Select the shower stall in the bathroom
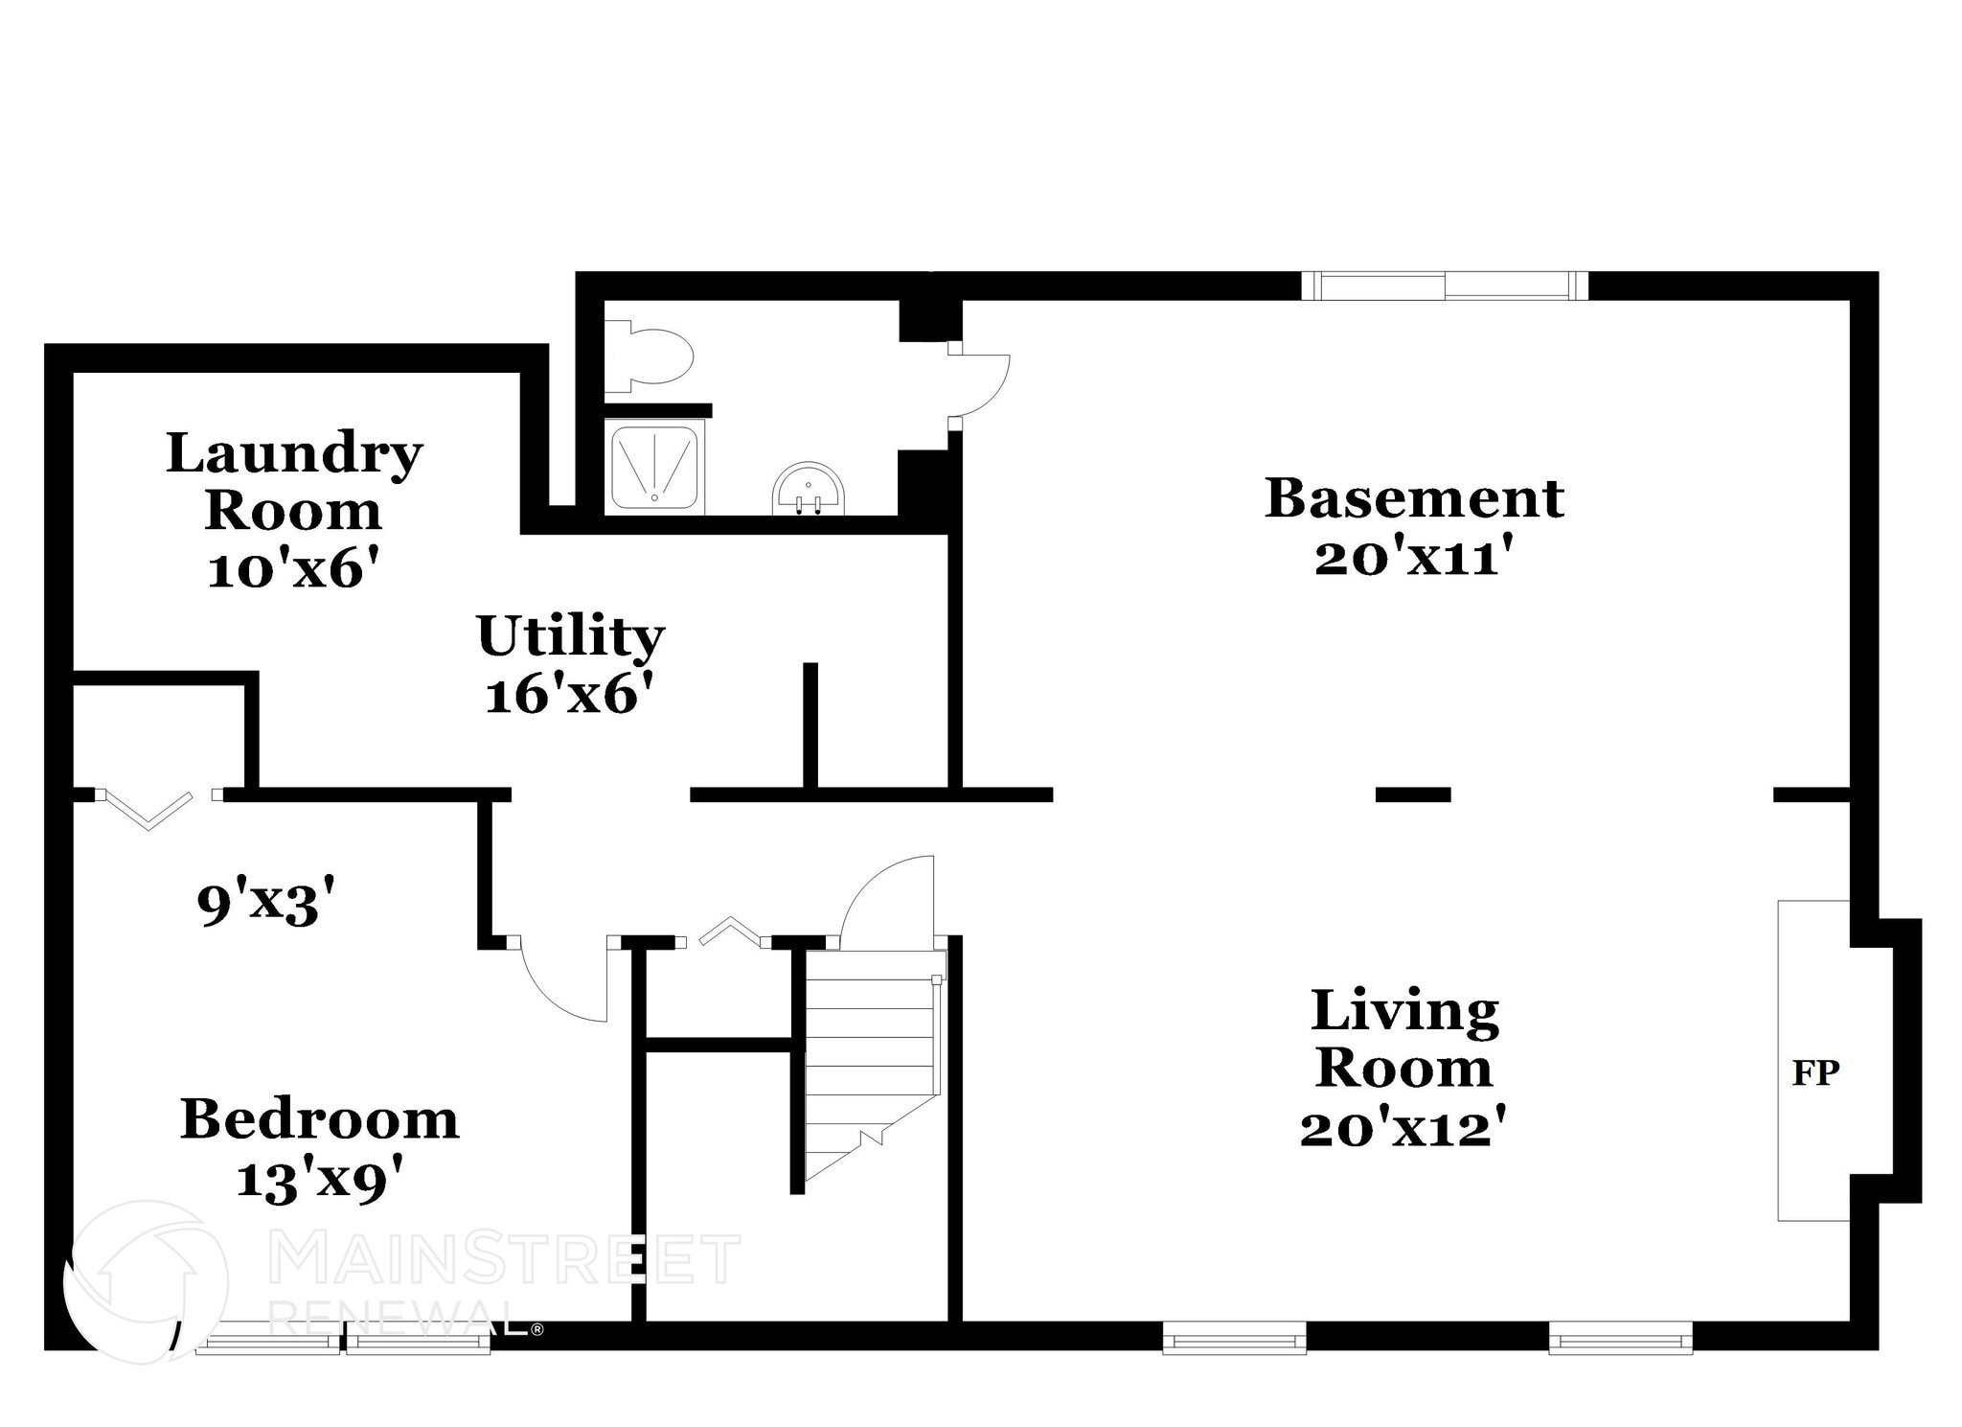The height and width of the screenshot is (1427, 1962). click(654, 466)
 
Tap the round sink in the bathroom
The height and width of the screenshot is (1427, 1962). click(809, 490)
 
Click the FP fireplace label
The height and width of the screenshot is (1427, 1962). click(1815, 1072)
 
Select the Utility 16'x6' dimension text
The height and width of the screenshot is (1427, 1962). click(574, 694)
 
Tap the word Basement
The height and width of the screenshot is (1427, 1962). click(1414, 498)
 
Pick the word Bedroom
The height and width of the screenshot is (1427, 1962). click(320, 1118)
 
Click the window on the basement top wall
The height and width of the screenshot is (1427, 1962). click(1445, 286)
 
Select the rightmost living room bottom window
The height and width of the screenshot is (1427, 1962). click(1620, 1338)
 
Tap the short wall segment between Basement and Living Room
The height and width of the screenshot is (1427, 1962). click(1413, 794)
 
